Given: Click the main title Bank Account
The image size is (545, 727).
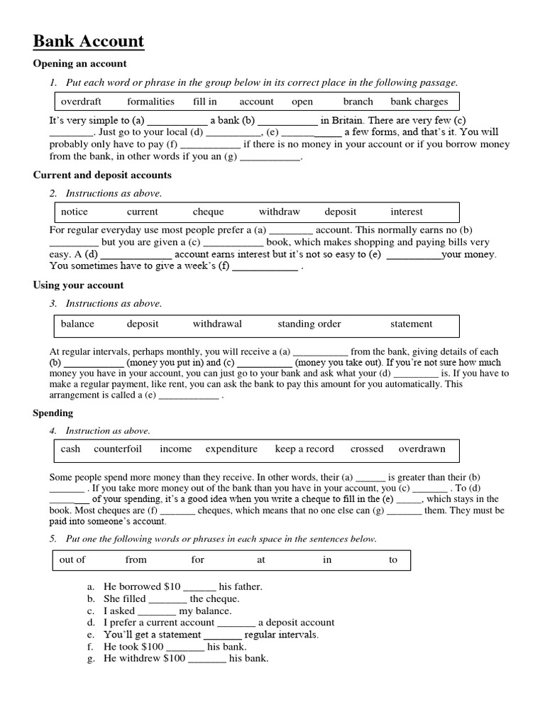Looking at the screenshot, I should [89, 42].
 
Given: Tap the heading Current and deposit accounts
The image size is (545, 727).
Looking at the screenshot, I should [102, 175].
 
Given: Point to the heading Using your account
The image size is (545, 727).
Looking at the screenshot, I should [78, 285].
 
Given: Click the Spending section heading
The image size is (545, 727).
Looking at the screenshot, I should [53, 412].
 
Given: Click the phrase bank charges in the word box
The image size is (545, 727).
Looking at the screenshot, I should [419, 102].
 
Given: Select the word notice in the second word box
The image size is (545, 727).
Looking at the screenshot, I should [75, 212].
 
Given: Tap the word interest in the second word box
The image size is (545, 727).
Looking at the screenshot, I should [406, 212].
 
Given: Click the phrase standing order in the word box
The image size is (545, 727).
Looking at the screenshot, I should [309, 324].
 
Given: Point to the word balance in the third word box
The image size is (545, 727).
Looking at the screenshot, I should [77, 324].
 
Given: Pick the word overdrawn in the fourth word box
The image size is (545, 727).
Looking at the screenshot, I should [422, 449].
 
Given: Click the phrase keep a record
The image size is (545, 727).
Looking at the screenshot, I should [304, 449].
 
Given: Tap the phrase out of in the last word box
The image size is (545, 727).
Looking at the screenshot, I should [72, 559].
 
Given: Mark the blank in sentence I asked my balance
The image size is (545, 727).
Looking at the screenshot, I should [157, 611].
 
